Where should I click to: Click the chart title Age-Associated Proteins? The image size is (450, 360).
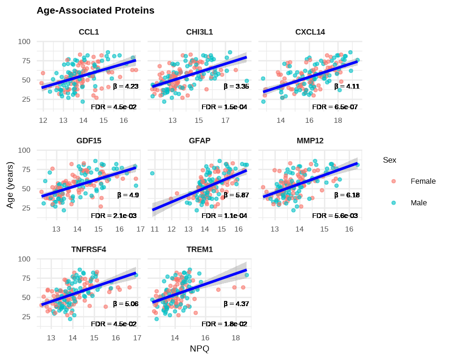[96, 10]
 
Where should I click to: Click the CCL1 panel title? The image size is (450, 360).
[89, 32]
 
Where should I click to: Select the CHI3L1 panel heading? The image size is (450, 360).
[199, 32]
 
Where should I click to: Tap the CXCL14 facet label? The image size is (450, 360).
[310, 32]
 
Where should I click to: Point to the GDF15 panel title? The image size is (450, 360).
[89, 141]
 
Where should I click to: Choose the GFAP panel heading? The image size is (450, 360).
[199, 141]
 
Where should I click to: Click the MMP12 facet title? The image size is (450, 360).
[310, 141]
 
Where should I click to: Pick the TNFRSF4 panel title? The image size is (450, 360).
[89, 249]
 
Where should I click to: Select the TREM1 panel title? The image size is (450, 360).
[199, 249]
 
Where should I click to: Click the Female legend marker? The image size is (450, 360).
[394, 181]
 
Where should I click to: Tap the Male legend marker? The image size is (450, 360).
[394, 203]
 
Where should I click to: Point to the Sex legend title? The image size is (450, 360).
[389, 160]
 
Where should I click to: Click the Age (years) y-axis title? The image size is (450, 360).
[10, 185]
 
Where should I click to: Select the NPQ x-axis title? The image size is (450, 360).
[199, 349]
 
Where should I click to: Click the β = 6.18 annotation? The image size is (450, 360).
[347, 195]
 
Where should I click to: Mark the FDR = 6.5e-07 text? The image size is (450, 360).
[335, 107]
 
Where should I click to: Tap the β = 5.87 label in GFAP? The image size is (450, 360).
[236, 195]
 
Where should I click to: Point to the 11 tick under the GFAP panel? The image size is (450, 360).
[154, 229]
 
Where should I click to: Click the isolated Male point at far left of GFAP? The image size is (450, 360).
[152, 173]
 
